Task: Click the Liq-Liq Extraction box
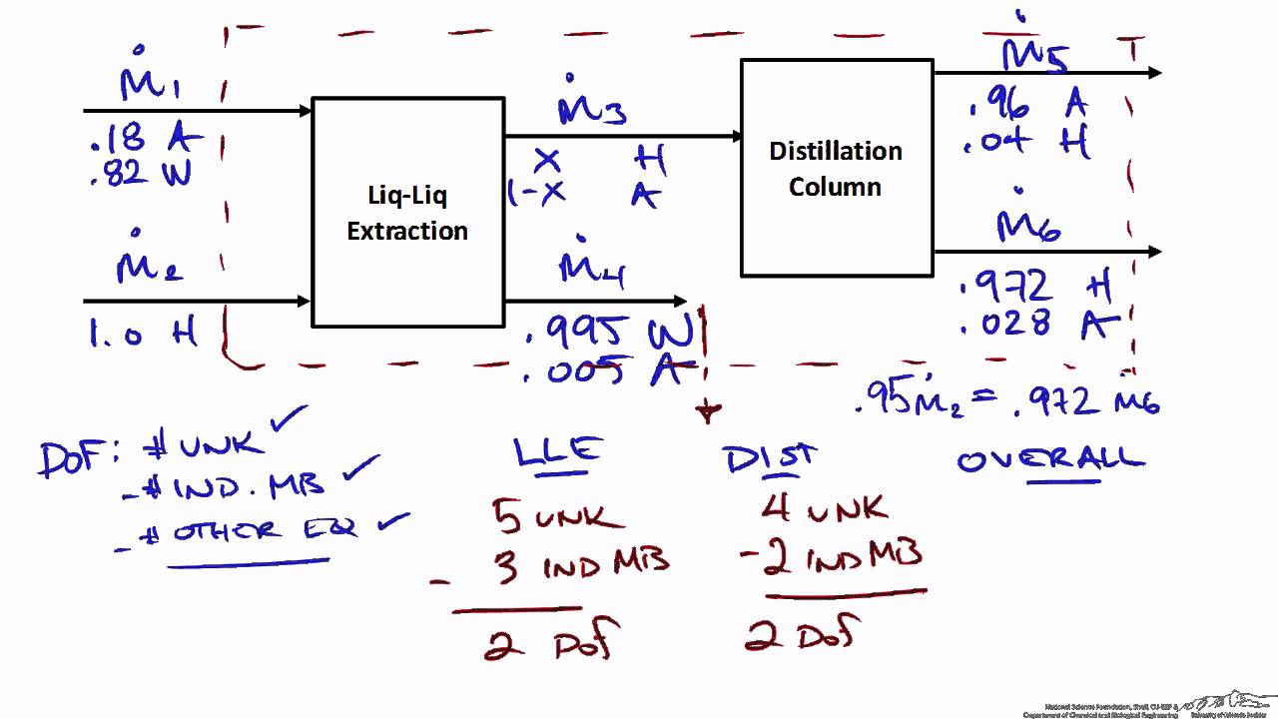pyautogui.click(x=407, y=212)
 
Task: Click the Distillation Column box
pyautogui.click(x=836, y=168)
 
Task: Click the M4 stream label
pyautogui.click(x=593, y=268)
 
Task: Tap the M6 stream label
pyautogui.click(x=1028, y=226)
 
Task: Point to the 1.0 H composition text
pyautogui.click(x=143, y=335)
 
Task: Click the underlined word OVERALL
pyautogui.click(x=1050, y=460)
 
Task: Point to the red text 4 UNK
pyautogui.click(x=824, y=508)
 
